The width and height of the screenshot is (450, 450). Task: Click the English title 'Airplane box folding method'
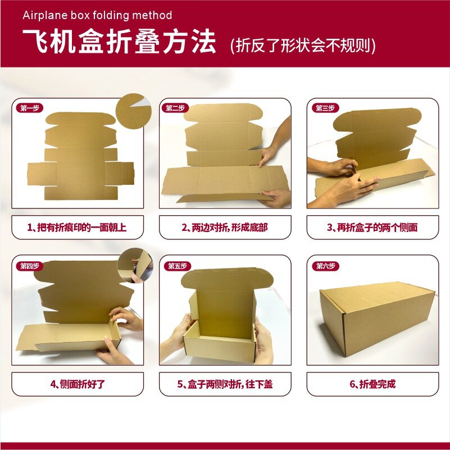97,15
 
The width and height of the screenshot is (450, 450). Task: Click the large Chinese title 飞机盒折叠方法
119,42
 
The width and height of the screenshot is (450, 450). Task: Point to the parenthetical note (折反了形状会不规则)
303,45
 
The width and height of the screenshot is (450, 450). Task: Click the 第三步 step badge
325,108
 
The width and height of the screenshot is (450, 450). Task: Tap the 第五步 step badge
178,266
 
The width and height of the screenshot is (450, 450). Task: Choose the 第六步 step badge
325,266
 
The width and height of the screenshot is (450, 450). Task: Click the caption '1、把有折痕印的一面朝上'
78,228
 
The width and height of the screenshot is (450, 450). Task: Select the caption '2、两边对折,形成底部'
225,228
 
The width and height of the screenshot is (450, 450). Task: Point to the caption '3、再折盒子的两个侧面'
372,228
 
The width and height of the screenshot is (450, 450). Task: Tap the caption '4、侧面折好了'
78,384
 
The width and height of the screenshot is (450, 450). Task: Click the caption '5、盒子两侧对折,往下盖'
225,384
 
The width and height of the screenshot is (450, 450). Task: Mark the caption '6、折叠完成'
372,384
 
